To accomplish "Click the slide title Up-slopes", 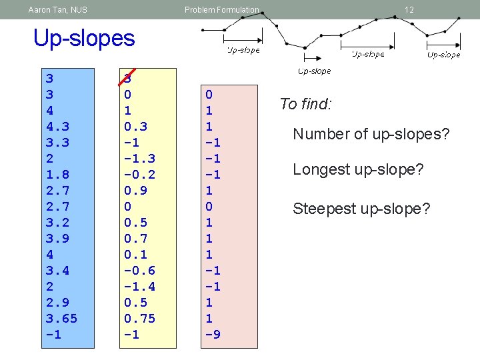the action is pyautogui.click(x=84, y=39).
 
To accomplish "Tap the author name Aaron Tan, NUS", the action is pyautogui.click(x=58, y=10).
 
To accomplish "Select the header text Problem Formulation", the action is pyautogui.click(x=221, y=10).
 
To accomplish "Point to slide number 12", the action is pyautogui.click(x=409, y=10).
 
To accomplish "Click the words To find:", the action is pyautogui.click(x=305, y=104).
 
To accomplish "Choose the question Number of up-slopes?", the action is pyautogui.click(x=371, y=135).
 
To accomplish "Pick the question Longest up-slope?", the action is pyautogui.click(x=358, y=170).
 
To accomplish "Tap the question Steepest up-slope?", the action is pyautogui.click(x=362, y=210).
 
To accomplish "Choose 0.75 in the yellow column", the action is pyautogui.click(x=139, y=319).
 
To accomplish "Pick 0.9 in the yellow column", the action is pyautogui.click(x=135, y=191).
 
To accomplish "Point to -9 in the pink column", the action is pyautogui.click(x=213, y=335).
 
